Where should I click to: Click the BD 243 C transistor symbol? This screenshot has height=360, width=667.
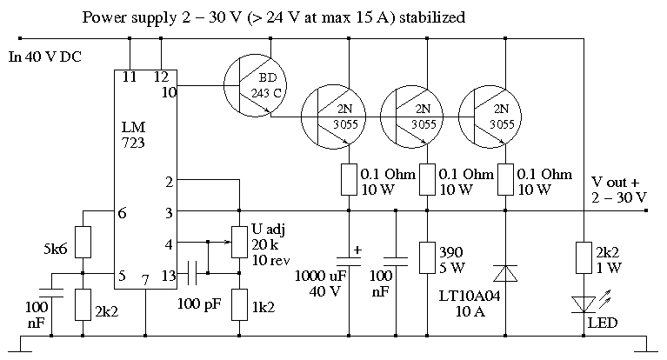pyautogui.click(x=255, y=85)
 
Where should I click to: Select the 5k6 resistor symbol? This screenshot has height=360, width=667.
pyautogui.click(x=83, y=242)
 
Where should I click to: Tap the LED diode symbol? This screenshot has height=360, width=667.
pyautogui.click(x=584, y=304)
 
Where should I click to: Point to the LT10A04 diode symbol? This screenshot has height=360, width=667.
pyautogui.click(x=505, y=273)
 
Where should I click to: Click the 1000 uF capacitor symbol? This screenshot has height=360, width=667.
pyautogui.click(x=349, y=261)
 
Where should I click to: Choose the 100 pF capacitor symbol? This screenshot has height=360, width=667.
pyautogui.click(x=192, y=273)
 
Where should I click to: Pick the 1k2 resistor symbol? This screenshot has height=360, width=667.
pyautogui.click(x=239, y=304)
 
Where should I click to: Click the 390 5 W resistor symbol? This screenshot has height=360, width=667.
pyautogui.click(x=427, y=258)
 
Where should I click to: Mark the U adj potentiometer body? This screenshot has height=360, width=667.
pyautogui.click(x=239, y=242)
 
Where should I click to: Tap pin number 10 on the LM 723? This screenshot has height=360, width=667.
pyautogui.click(x=169, y=92)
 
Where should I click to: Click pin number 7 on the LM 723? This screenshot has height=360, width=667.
pyautogui.click(x=145, y=280)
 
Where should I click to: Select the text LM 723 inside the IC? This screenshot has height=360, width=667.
pyautogui.click(x=133, y=135)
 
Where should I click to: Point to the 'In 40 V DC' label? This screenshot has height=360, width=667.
pyautogui.click(x=44, y=57)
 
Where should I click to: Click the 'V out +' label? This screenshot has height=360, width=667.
pyautogui.click(x=615, y=182)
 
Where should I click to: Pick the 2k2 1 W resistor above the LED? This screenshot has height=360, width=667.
pyautogui.click(x=584, y=258)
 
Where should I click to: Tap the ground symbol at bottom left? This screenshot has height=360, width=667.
pyautogui.click(x=20, y=344)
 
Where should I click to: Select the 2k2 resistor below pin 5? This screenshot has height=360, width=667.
pyautogui.click(x=83, y=304)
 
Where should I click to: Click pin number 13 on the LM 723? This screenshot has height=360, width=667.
pyautogui.click(x=169, y=276)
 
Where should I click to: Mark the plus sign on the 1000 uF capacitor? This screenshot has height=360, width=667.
pyautogui.click(x=357, y=250)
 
